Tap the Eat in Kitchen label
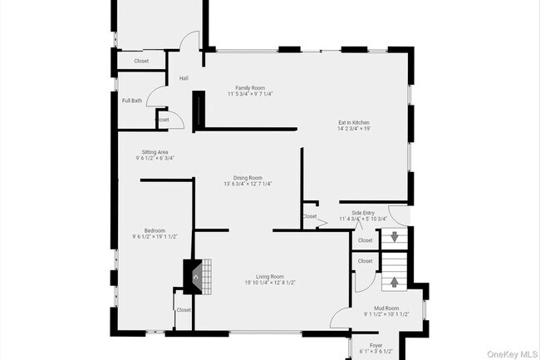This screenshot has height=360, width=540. (353, 121)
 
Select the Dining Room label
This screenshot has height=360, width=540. (248, 177)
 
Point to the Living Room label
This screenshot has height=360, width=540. (270, 276)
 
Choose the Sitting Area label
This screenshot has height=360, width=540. (156, 152)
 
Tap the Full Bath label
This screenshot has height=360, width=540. (132, 101)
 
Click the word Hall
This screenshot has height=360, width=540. (184, 79)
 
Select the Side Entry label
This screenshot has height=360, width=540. (363, 213)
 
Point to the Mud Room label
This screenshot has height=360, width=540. (387, 308)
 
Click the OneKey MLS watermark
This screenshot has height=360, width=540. (508, 352)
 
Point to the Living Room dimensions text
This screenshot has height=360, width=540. (270, 283)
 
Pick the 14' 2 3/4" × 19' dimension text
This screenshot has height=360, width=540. (353, 129)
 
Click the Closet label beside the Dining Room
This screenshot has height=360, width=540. (310, 216)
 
